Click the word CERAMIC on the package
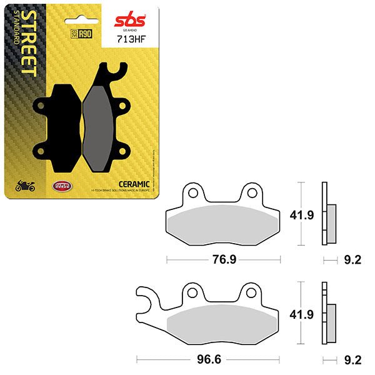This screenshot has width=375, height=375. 133,183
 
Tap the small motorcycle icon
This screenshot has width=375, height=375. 24,185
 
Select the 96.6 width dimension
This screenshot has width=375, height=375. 211,359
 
